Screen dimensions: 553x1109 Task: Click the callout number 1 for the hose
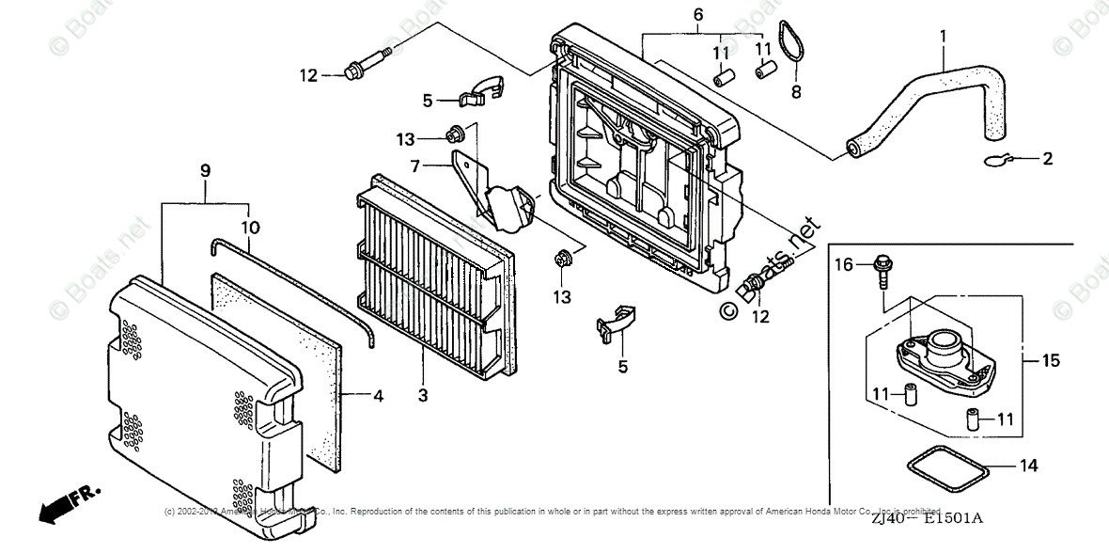pos(944,38)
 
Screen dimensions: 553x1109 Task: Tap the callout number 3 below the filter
pos(423,396)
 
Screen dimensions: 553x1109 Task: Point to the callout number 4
pos(378,397)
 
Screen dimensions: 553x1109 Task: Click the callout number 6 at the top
pos(698,14)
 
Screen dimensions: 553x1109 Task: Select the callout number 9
pos(205,170)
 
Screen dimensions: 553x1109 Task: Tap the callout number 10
pos(249,228)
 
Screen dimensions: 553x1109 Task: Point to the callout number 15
pos(1051,360)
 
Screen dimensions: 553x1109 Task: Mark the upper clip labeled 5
pos(481,90)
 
